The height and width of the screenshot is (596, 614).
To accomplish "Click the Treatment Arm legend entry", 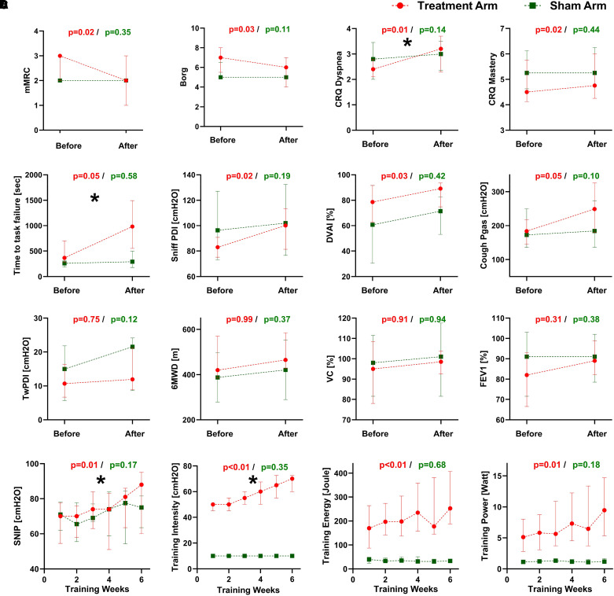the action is [444, 6].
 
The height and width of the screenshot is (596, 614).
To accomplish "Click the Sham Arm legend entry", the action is [565, 6].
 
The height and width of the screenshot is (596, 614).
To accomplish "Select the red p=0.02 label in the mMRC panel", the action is [82, 32].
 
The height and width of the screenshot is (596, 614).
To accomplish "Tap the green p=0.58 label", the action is [123, 176].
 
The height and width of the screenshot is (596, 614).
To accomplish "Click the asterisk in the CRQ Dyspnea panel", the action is [407, 43].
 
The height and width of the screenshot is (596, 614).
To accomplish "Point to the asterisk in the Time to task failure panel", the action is [94, 199].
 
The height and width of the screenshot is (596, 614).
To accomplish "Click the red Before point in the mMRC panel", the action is [60, 56].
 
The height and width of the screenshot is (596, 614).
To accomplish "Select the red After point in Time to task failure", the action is [132, 226].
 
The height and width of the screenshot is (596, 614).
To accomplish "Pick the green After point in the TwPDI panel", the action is [132, 347].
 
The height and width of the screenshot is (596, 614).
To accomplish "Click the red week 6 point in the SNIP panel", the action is [142, 485].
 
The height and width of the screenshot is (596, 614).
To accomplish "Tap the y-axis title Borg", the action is [184, 77].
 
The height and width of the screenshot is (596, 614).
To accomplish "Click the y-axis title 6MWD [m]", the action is [175, 369].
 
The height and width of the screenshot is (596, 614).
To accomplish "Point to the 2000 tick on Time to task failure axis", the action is [34, 175].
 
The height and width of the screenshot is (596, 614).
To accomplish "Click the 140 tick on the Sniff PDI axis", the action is [189, 175].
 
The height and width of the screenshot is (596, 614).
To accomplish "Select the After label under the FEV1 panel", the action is [597, 433].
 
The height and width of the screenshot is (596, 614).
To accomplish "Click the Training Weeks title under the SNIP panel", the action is [97, 589].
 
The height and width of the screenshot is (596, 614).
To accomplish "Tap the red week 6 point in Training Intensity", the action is [292, 479].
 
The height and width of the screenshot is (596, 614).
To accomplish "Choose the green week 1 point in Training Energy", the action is [369, 560].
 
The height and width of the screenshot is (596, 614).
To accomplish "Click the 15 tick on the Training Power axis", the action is [497, 476].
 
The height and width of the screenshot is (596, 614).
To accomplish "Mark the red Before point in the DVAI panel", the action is [373, 202].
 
